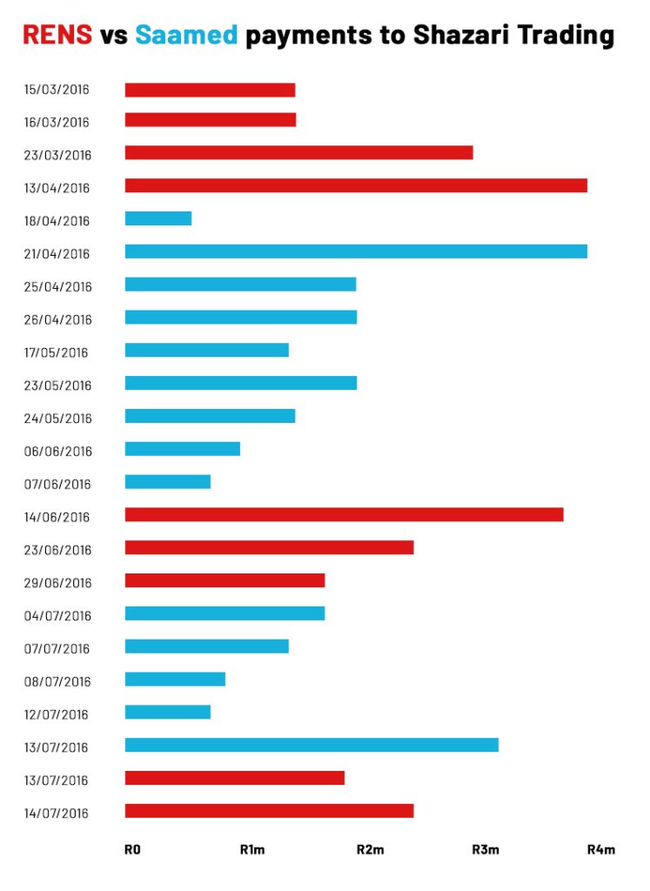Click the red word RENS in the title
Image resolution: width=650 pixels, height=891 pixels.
tap(57, 35)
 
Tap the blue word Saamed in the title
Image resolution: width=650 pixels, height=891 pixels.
tap(186, 35)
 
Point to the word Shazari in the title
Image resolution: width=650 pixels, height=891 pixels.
tap(463, 35)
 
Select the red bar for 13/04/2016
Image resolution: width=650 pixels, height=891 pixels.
tap(356, 185)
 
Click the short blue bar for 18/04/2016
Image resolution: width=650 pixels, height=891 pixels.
tap(158, 218)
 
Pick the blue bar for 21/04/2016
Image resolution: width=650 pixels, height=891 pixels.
tap(356, 251)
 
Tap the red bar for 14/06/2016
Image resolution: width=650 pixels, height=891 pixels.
tap(344, 514)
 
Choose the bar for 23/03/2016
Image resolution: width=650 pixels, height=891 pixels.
tap(298, 152)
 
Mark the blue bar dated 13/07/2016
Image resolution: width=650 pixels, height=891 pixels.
tap(312, 745)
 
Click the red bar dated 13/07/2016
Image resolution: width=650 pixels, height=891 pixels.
tap(235, 778)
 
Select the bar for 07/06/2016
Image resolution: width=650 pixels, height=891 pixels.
tap(168, 481)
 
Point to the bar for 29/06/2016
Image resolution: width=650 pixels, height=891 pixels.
tap(224, 580)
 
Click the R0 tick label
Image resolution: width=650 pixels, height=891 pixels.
tap(132, 849)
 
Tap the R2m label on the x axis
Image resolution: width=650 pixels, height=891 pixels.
tap(370, 849)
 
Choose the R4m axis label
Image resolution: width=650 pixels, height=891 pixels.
tap(600, 849)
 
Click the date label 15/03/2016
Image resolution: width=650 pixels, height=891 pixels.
tap(57, 90)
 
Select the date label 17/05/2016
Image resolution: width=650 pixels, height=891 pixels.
tap(57, 352)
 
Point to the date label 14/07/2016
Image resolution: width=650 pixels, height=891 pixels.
tap(57, 814)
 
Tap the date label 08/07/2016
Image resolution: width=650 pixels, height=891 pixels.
tap(57, 681)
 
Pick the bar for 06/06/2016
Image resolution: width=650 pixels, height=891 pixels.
tap(182, 449)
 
